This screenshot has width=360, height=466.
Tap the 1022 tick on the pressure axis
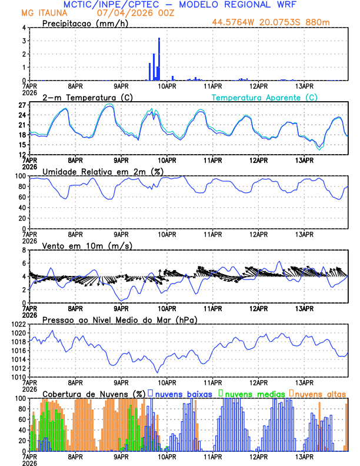click(18, 324)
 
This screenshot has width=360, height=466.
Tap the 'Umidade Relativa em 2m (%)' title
click(103, 171)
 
